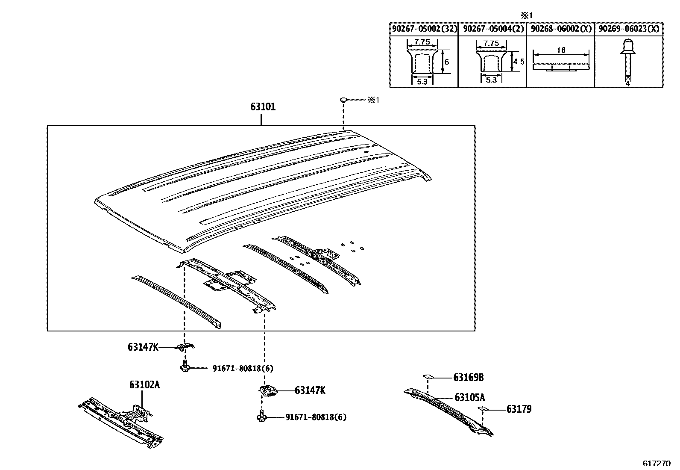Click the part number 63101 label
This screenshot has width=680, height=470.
(x=263, y=107)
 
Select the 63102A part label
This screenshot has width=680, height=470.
(x=144, y=385)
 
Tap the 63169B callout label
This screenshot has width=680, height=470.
(x=468, y=378)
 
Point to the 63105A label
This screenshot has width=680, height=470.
(x=469, y=397)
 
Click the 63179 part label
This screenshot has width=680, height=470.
(x=519, y=409)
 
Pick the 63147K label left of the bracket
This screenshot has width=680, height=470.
(x=143, y=347)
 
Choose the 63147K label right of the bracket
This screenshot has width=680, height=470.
(x=310, y=390)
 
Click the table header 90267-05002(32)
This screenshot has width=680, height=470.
(x=424, y=29)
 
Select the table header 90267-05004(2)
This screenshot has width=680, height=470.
(x=492, y=29)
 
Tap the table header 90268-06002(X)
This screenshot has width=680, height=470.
(x=560, y=29)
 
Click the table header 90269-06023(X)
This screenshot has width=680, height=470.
(x=629, y=29)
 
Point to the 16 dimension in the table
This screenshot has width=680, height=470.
(x=561, y=50)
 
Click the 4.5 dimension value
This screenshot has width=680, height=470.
(x=519, y=62)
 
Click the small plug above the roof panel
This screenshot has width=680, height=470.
(x=343, y=100)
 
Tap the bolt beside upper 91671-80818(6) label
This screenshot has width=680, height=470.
(x=185, y=367)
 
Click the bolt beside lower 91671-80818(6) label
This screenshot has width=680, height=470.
(x=261, y=416)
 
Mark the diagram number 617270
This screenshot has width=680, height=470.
(x=657, y=463)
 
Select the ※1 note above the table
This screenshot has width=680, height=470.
(x=526, y=16)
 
